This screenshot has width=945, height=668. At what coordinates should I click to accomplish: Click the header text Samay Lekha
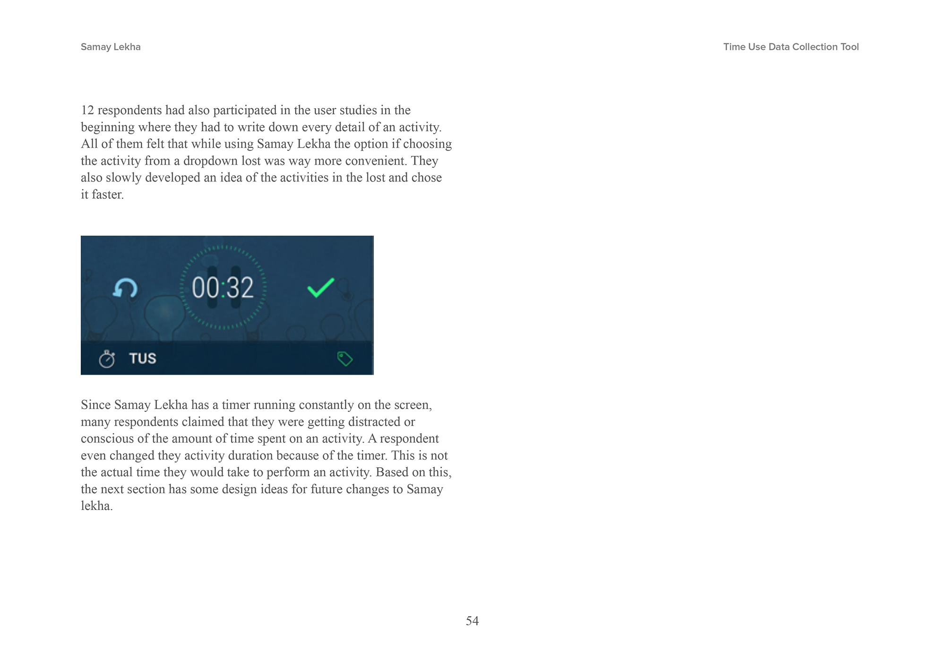point(111,47)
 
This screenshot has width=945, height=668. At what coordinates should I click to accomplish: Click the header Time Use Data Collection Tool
point(790,47)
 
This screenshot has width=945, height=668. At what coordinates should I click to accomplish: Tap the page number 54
point(472,621)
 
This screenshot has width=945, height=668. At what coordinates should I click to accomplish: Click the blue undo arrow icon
point(125,288)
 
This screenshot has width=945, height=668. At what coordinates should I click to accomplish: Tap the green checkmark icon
point(321,288)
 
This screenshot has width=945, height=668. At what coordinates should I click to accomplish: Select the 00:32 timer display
point(223,288)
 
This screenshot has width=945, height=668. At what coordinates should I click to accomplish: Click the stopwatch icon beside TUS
point(107,359)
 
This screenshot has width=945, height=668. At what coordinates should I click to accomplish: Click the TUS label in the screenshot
point(143,359)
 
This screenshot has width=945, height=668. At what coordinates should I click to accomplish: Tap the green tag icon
point(344,359)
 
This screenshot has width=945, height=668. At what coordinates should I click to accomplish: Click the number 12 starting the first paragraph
point(87,110)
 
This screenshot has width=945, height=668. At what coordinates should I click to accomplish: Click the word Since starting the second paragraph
point(95,405)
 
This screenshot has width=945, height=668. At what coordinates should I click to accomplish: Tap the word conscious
point(107,439)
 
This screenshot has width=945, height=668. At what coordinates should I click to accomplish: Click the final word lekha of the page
point(96,506)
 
